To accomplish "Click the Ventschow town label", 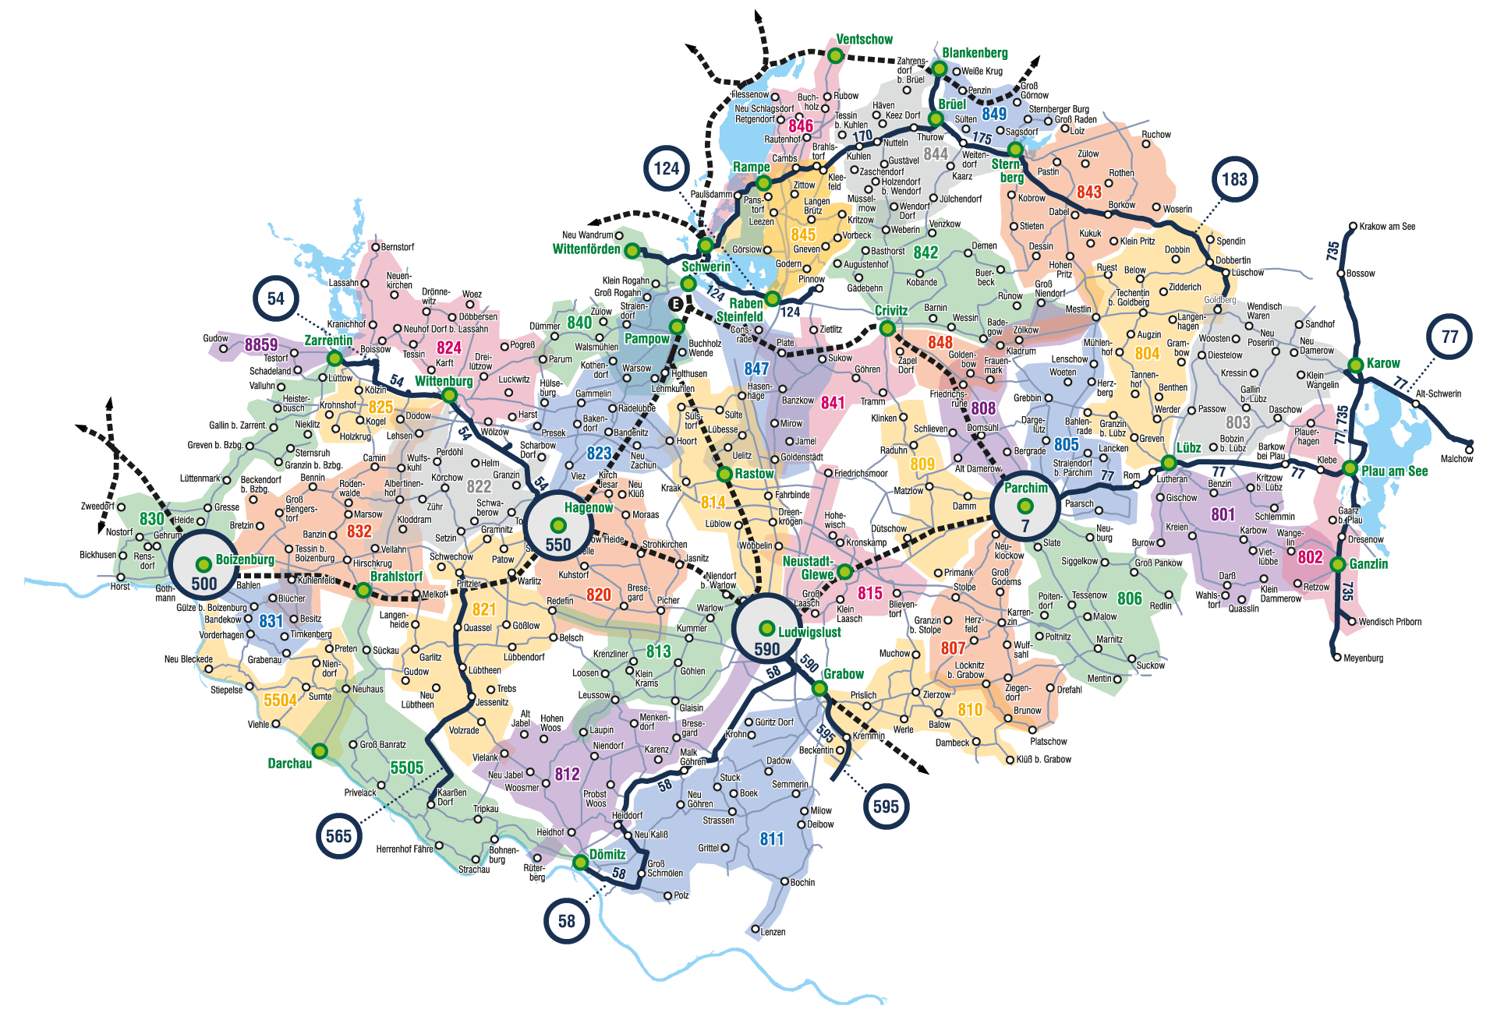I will click(864, 40).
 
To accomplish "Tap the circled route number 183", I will click(1234, 180).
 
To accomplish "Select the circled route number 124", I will click(667, 169).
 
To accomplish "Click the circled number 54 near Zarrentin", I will click(276, 299).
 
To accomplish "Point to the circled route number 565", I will click(338, 837).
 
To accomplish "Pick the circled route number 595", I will click(886, 807).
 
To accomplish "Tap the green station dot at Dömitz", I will click(580, 862).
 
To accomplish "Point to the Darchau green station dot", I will click(320, 750).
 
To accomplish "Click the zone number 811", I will click(772, 839).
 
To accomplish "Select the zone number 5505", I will click(406, 768).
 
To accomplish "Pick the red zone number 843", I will click(1088, 192).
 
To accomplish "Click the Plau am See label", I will click(1394, 471).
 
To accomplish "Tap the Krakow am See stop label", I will click(1386, 227).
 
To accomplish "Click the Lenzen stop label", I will click(773, 932).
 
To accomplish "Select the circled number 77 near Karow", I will click(1449, 337).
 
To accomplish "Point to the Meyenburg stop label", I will click(1363, 658).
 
